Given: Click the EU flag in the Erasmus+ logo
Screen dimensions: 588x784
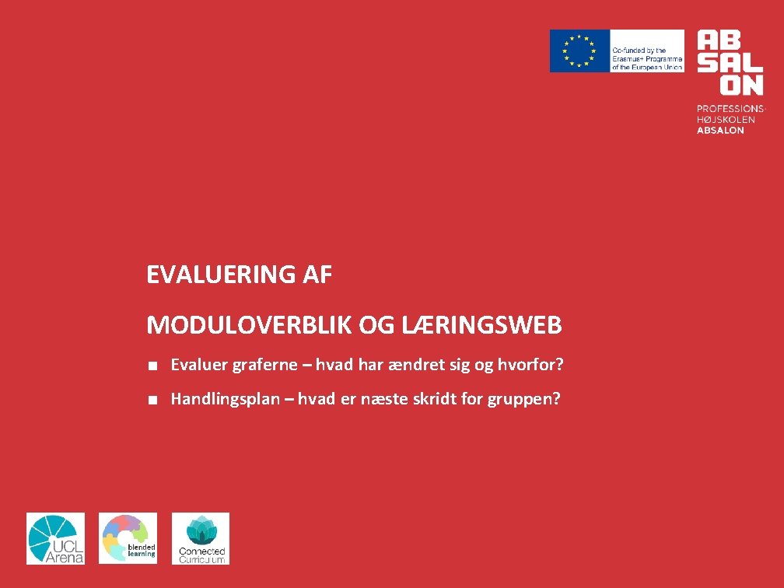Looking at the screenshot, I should (579, 51).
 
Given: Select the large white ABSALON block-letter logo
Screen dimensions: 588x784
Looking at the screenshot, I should (730, 62).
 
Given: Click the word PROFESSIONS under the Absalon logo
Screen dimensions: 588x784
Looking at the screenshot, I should (730, 109).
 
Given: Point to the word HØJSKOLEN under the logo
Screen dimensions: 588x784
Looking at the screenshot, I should (725, 120).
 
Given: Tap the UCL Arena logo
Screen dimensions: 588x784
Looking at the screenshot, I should (55, 538).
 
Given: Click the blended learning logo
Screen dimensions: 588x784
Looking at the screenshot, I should (128, 538).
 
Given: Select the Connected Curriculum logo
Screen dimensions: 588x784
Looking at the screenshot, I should (201, 538).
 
